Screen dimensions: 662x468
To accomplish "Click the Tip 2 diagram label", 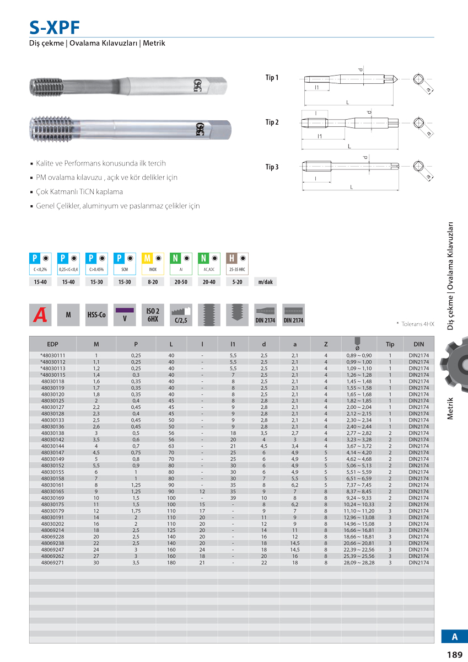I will pos(272,122).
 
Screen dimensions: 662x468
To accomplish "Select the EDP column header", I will pos(52,344).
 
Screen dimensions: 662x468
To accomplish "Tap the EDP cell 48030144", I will pos(52,446).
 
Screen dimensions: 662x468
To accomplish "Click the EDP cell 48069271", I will pos(52,563).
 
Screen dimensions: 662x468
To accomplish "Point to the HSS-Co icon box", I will pos(96,314).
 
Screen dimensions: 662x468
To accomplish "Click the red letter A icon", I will pos(40,314).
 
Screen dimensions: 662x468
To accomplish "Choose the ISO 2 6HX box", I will pos(153,314).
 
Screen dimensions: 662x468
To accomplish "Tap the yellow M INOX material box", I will pos(153,264).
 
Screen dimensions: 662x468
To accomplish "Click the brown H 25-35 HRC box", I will pos(238,264).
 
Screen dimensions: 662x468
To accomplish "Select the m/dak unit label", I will pos(265,282).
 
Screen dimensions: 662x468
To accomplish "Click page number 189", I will pos(454,655).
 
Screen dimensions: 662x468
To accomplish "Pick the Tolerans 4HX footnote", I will pos(415,324).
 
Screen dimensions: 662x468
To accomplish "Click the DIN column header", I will pos(418,344).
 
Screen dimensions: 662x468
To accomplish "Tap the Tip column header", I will pos(390,344).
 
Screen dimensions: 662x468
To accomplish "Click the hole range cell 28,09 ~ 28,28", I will pos(358,563).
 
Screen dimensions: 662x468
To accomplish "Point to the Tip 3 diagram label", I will pos(272,167).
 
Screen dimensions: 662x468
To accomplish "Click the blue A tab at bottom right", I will pos(454,636).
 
